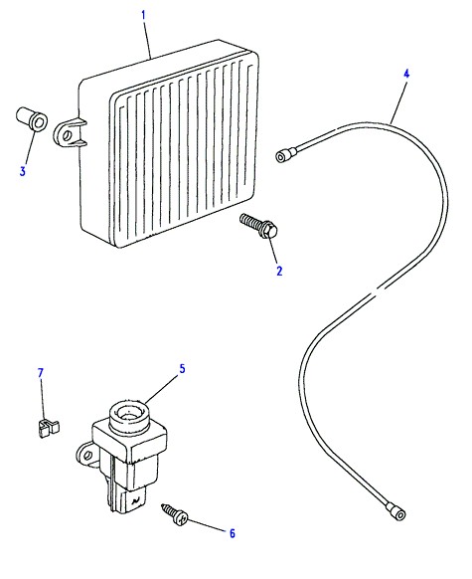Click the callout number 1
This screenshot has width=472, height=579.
[x=143, y=15]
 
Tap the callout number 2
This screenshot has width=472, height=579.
[x=279, y=271]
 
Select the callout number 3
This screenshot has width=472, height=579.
[x=23, y=171]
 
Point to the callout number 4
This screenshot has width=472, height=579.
[x=406, y=74]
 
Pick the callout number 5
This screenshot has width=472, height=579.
[x=182, y=368]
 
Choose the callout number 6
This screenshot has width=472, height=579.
[x=232, y=533]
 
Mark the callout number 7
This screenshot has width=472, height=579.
[x=41, y=373]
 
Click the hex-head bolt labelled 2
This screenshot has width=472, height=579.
[x=258, y=225]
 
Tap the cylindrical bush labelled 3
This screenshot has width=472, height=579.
[x=32, y=118]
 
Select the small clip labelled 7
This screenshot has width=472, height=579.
[x=49, y=428]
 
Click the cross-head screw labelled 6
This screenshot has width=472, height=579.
[x=175, y=513]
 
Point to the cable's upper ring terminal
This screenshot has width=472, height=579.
[x=286, y=154]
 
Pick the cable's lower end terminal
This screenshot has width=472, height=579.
[x=397, y=511]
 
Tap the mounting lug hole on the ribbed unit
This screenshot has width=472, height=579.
[x=68, y=134]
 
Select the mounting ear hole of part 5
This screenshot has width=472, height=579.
[x=87, y=455]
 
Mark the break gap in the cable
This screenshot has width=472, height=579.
[x=374, y=291]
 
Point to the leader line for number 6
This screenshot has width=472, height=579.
[x=206, y=525]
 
